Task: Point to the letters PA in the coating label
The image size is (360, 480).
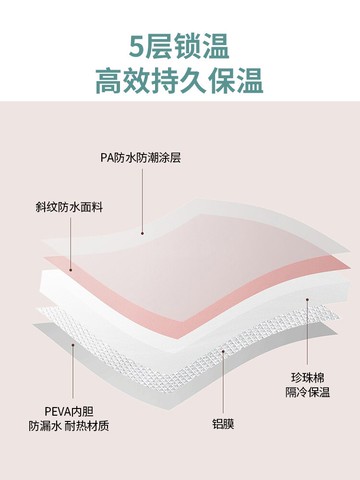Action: coord(106,157)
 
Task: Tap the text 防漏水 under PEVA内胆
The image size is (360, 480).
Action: coord(43,426)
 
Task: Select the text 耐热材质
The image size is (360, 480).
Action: coord(88,426)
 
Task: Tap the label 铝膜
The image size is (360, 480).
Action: coord(223,423)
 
